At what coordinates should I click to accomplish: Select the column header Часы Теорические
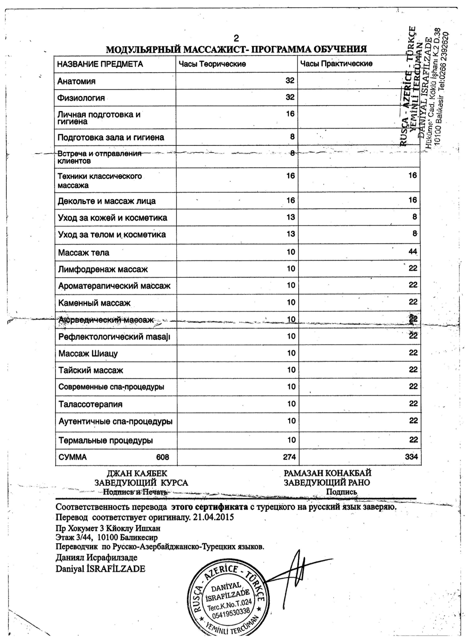point(212,64)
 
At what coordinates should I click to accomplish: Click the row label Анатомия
point(76,81)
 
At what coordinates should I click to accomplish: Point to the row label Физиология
point(81,98)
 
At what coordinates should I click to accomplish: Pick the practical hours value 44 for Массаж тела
point(412,251)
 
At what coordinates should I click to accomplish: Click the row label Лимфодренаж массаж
point(103,269)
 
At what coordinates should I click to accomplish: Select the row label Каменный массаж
point(95,303)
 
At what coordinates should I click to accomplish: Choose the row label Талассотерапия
point(90,404)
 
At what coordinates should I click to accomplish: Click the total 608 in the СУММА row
point(162,457)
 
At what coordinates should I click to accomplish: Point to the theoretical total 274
point(290,457)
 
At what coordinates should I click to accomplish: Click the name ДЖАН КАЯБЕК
point(137,473)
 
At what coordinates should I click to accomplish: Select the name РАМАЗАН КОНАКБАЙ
point(327,473)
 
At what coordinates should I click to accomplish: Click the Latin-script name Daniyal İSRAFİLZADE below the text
point(100,569)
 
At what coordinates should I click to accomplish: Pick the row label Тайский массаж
point(91,370)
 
